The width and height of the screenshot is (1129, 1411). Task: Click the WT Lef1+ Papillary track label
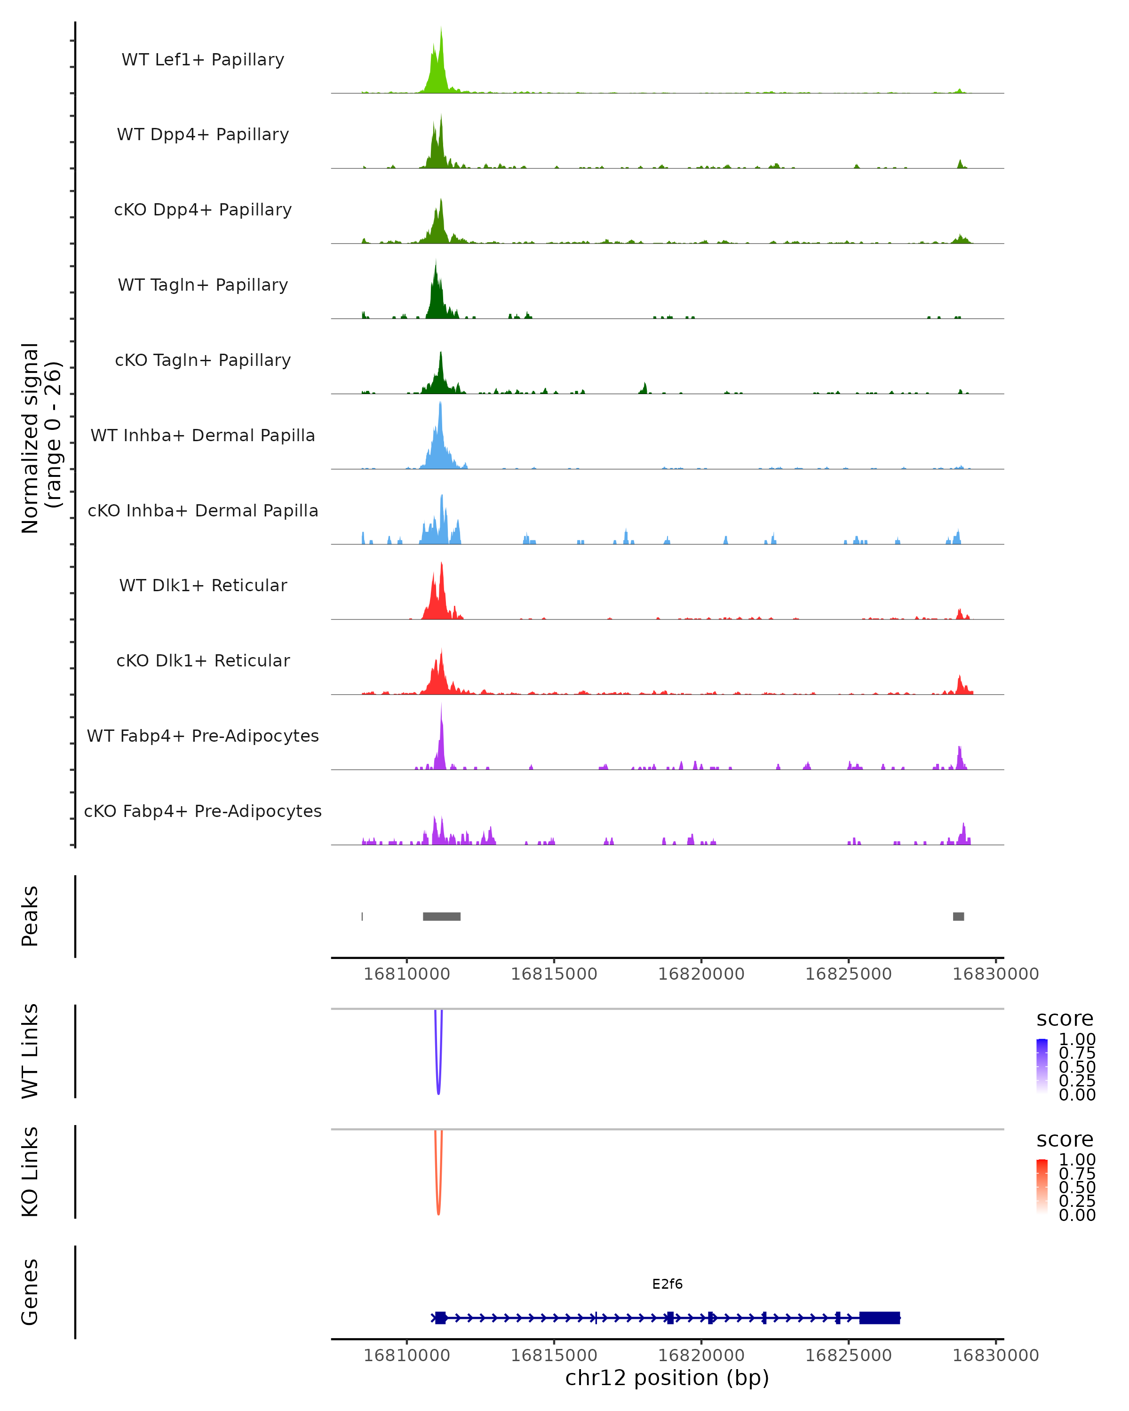click(x=203, y=60)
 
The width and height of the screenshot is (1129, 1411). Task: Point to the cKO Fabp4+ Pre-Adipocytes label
click(x=203, y=811)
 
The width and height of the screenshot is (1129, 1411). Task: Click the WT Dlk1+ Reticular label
click(x=203, y=585)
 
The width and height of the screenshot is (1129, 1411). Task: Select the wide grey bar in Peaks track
click(x=442, y=916)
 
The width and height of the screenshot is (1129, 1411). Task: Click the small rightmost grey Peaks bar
click(x=958, y=916)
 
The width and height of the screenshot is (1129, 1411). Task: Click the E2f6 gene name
click(x=667, y=1284)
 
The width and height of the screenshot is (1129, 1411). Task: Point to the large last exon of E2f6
click(x=880, y=1317)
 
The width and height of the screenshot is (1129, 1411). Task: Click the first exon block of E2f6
click(x=440, y=1317)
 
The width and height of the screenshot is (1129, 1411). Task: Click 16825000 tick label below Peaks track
click(x=848, y=974)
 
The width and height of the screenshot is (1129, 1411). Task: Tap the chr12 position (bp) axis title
click(x=667, y=1378)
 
